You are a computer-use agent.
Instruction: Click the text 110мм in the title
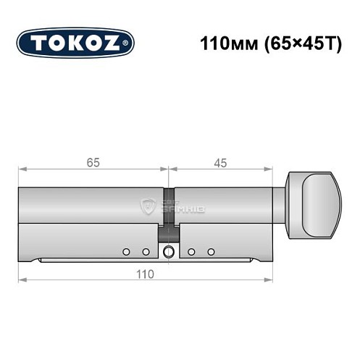tap(222, 42)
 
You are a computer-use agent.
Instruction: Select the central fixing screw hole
tap(169, 251)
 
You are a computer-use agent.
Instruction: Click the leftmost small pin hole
tap(126, 251)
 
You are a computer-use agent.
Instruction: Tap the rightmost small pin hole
tap(212, 251)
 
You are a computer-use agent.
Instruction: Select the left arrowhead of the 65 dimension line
tap(22, 171)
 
